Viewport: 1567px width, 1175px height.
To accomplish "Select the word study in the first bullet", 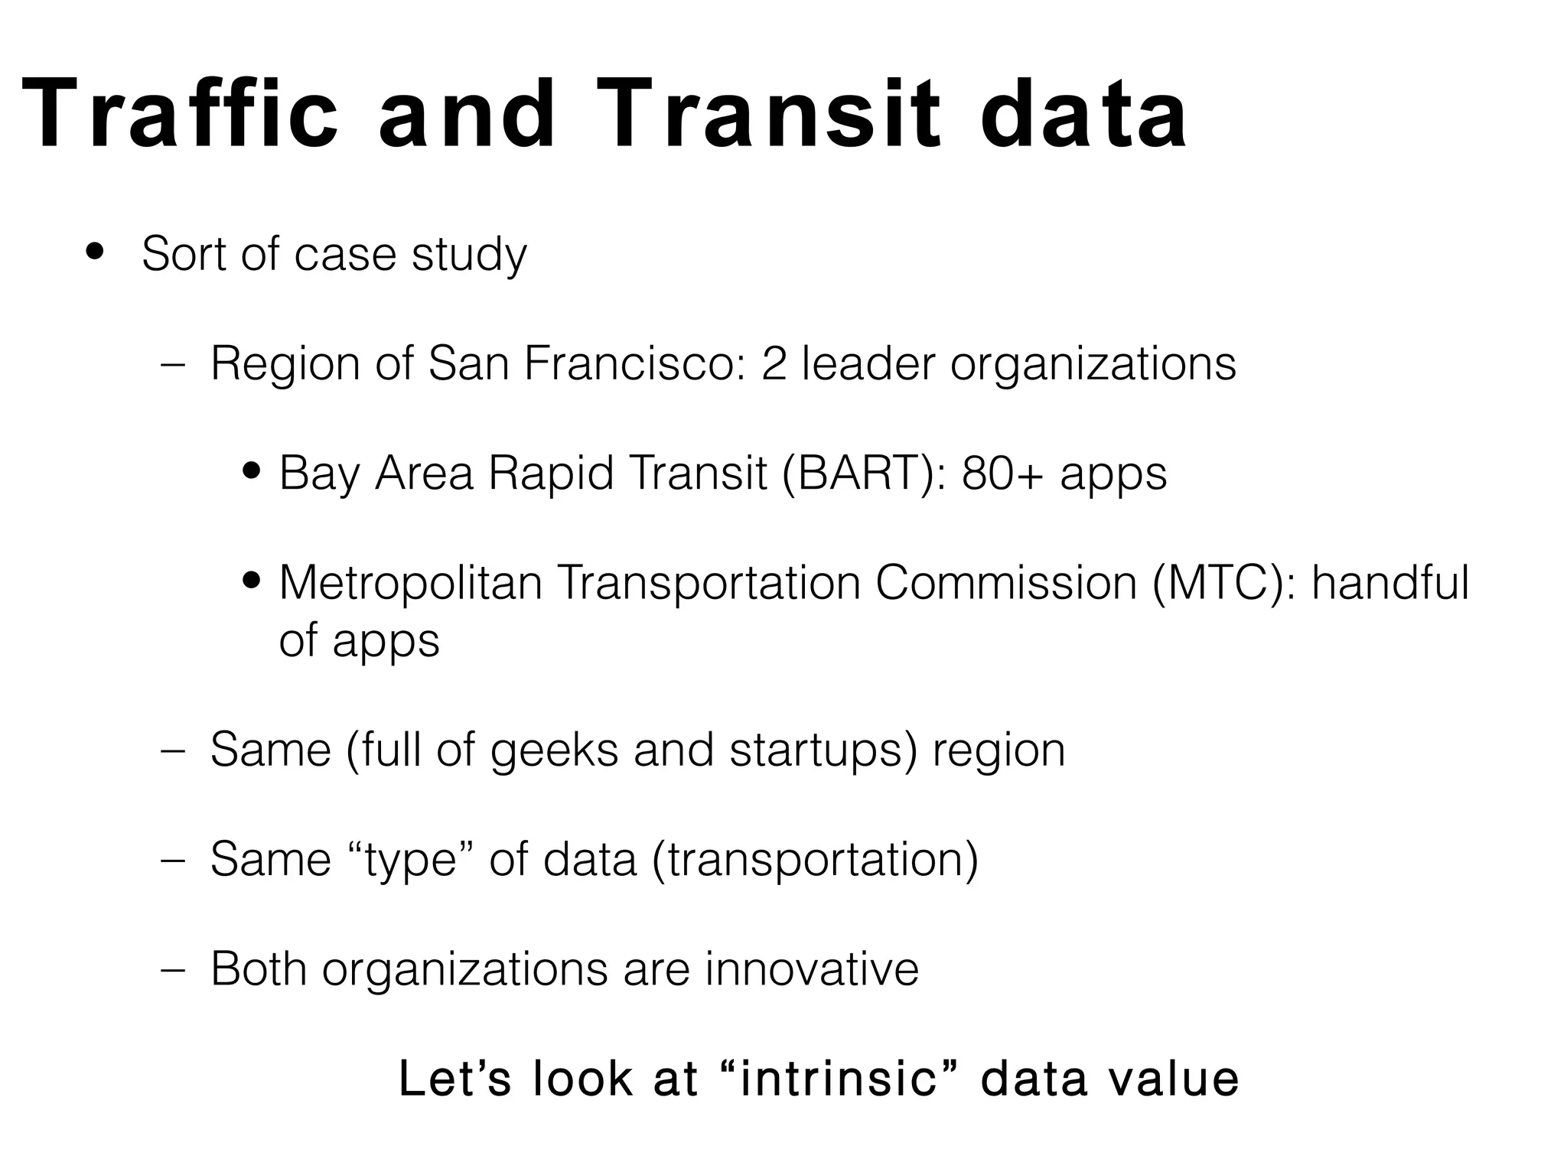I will tap(469, 254).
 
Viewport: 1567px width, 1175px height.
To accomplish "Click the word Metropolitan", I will tap(410, 583).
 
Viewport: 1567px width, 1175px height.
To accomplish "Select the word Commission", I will tap(1005, 583).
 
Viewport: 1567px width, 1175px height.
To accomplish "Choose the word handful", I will tap(1390, 583).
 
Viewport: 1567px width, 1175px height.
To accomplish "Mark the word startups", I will tap(823, 750).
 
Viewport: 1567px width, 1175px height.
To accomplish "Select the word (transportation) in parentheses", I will tap(815, 860).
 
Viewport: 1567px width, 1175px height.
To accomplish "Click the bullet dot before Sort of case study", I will tap(95, 252).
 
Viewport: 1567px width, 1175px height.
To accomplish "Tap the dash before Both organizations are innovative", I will tap(174, 968).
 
